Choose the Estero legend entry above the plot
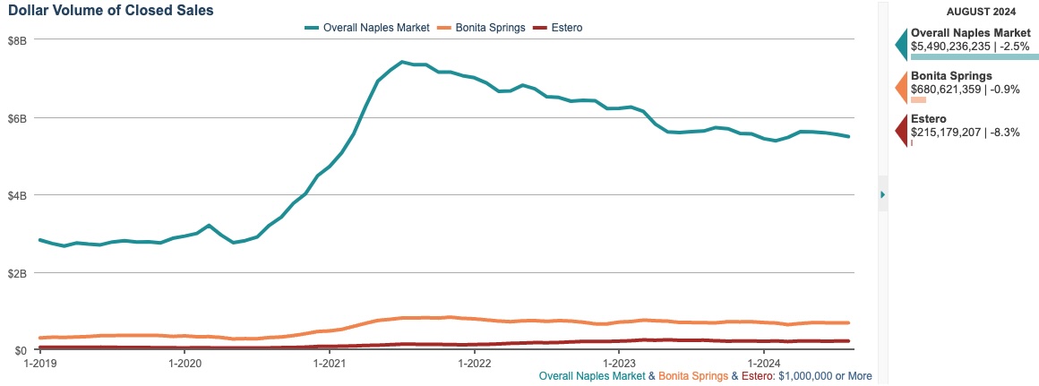tap(565, 28)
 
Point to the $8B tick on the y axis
tap(18, 41)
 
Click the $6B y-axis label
tap(18, 118)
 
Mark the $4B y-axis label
tap(18, 195)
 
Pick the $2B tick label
tap(18, 272)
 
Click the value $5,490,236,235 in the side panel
tap(950, 45)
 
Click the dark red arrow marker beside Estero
tap(902, 132)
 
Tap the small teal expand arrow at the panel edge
tap(882, 194)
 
